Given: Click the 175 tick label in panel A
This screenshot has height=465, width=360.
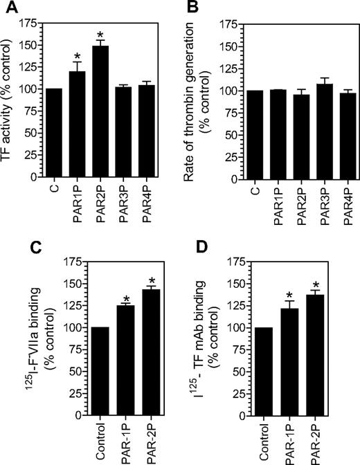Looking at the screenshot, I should (30, 22).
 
